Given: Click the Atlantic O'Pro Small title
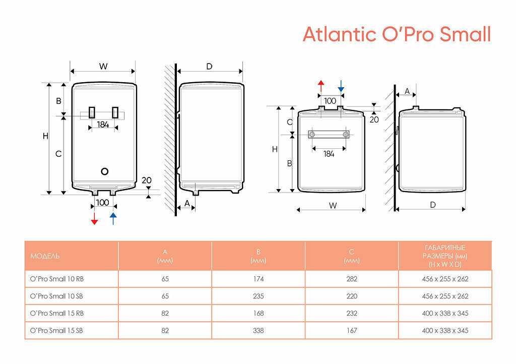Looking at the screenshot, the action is click(x=397, y=34).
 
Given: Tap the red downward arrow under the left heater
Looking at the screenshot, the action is click(x=94, y=218).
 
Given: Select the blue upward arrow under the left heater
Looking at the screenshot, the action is click(x=113, y=218).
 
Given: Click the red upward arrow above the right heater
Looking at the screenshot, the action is click(x=321, y=86).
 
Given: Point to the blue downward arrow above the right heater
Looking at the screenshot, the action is click(x=341, y=86).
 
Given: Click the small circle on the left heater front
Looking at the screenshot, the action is click(x=105, y=171).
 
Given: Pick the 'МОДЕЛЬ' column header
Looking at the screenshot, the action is click(x=45, y=256).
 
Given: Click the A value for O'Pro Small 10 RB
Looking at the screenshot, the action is click(x=165, y=279).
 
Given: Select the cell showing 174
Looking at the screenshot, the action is click(x=259, y=279).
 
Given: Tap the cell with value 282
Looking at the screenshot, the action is click(x=352, y=279).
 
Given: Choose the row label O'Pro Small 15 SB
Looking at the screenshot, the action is click(x=56, y=330).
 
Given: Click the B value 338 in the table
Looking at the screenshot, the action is click(x=259, y=330).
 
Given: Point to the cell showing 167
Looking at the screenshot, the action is click(x=352, y=330).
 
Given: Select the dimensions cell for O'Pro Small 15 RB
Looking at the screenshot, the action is click(x=445, y=313).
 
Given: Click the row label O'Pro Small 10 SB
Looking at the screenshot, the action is click(x=56, y=296).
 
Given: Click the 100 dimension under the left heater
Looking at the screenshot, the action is click(x=102, y=203).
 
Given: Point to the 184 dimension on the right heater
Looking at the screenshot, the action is click(x=329, y=154).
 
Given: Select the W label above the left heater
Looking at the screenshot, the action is click(x=103, y=67).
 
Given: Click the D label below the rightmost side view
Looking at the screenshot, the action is click(x=433, y=205).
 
